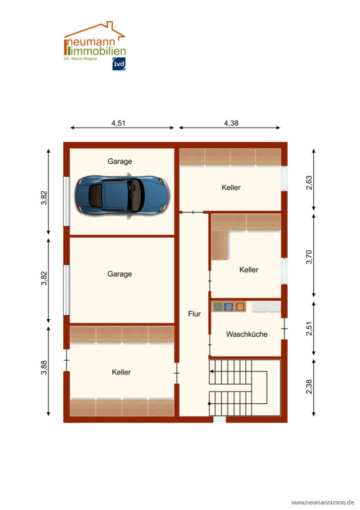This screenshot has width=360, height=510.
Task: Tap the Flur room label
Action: (x=194, y=314)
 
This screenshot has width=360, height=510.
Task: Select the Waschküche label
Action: (x=246, y=334)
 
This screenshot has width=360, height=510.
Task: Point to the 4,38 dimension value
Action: (x=231, y=123)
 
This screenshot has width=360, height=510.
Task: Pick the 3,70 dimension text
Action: (x=309, y=257)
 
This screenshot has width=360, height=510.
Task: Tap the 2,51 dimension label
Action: (x=309, y=328)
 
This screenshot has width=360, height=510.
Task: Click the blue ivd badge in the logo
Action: (x=119, y=64)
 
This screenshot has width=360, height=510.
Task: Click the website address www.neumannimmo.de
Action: (x=322, y=502)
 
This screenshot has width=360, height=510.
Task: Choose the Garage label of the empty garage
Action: (x=119, y=274)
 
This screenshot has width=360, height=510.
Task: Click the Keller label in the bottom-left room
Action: (x=121, y=372)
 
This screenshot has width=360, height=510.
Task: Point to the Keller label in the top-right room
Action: (x=231, y=187)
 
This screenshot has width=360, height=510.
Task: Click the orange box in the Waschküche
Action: (x=240, y=307)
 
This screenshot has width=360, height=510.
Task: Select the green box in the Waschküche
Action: (x=218, y=307)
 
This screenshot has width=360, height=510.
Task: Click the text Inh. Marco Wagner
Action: (x=81, y=59)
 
